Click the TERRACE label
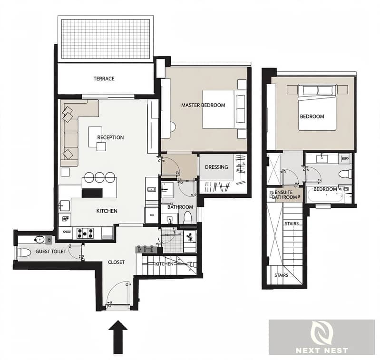104,78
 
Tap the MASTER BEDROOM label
203,105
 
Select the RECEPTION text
110,137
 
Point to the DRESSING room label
216,167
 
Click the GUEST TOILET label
50,252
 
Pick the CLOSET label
117,262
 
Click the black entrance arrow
118,337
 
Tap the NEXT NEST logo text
322,350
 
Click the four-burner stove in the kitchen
85,233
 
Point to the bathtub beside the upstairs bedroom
325,195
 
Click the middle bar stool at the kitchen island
99,177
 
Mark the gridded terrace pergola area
106,39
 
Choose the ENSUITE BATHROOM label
284,195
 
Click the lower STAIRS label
282,275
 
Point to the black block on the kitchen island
92,193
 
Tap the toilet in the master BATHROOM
188,217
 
